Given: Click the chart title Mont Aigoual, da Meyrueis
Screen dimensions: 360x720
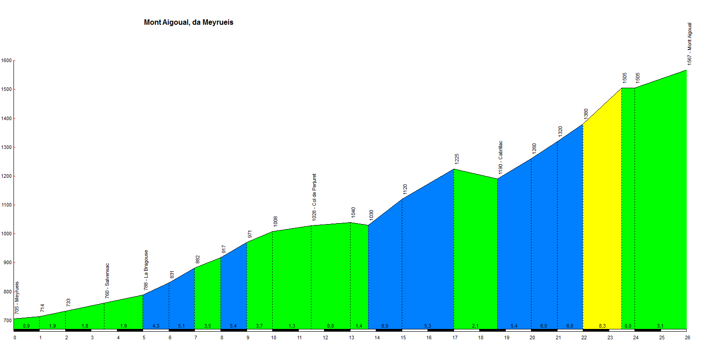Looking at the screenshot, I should click(x=189, y=22).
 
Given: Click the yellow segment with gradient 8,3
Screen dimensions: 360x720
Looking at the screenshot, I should click(x=602, y=225).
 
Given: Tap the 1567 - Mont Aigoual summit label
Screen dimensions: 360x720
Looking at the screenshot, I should click(x=689, y=44).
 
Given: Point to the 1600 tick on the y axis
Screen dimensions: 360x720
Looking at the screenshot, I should click(x=6, y=61).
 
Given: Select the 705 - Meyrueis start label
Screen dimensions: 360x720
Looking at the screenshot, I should click(x=17, y=298).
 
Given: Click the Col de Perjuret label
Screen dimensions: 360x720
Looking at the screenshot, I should click(x=314, y=197).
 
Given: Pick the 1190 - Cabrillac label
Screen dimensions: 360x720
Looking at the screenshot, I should click(x=500, y=157).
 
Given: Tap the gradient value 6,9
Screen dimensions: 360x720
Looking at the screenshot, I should click(x=385, y=326).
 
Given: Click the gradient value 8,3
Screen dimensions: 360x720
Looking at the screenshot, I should click(x=602, y=326).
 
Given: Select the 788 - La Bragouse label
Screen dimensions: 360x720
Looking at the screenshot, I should click(x=146, y=270).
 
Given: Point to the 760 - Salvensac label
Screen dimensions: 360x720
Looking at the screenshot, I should click(x=107, y=281).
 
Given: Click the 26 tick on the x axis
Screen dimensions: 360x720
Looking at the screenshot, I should click(x=688, y=337).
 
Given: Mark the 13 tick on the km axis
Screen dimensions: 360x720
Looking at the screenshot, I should click(x=351, y=337).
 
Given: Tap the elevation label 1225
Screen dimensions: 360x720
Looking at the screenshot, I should click(x=457, y=158).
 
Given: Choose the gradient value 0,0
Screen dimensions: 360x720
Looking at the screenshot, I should click(x=628, y=326).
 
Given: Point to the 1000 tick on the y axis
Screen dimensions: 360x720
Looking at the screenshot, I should click(x=6, y=234).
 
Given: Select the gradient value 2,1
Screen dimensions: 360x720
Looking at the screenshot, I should click(x=475, y=326).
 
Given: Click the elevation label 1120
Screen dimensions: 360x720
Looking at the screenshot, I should click(x=405, y=189).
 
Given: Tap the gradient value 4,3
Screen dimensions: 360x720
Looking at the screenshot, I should click(x=156, y=326).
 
